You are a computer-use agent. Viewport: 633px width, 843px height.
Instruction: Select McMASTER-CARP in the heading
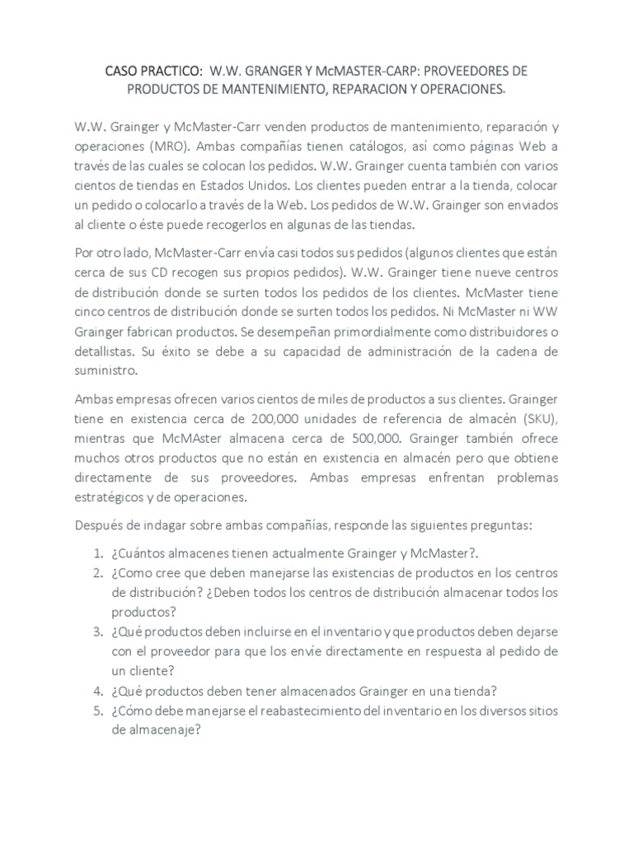pos(347,70)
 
